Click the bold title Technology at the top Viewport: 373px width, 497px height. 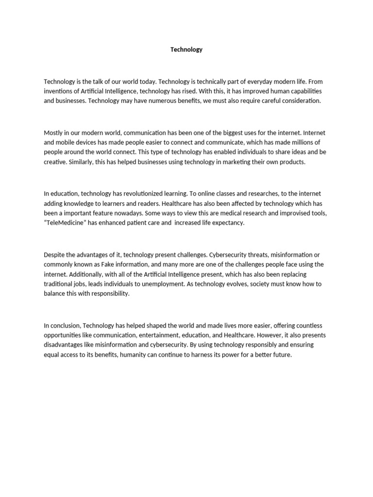[x=186, y=50]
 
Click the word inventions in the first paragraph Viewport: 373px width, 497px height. [x=58, y=91]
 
